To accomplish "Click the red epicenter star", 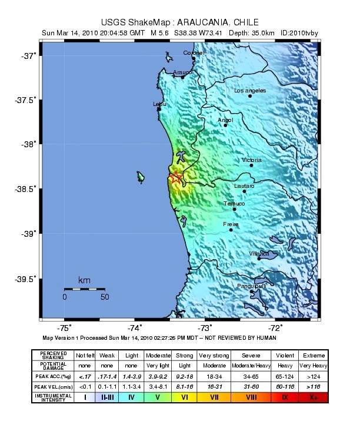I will pyautogui.click(x=176, y=178).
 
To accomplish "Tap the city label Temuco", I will pyautogui.click(x=234, y=204).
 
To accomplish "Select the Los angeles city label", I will pyautogui.click(x=250, y=91).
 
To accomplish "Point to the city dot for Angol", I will pyautogui.click(x=225, y=125).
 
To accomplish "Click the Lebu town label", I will pyautogui.click(x=159, y=104).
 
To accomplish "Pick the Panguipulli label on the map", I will pyautogui.click(x=251, y=286).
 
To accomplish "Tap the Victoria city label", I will pyautogui.click(x=252, y=160).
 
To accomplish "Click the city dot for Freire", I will pyautogui.click(x=231, y=230).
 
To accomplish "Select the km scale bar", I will pyautogui.click(x=85, y=289).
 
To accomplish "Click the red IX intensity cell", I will pyautogui.click(x=285, y=397).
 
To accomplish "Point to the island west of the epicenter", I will pyautogui.click(x=141, y=177).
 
